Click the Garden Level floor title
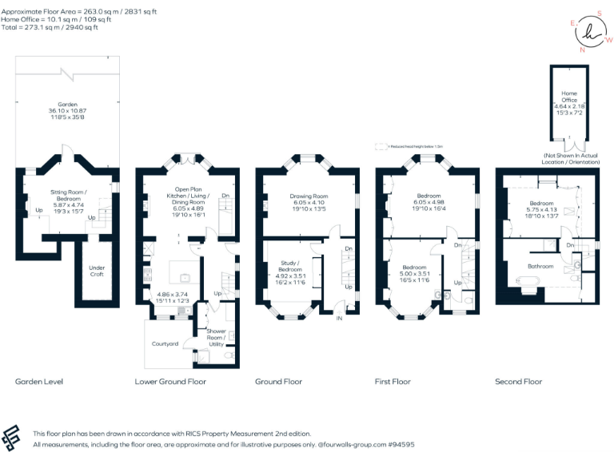38,382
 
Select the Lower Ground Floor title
170,382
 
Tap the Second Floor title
518,382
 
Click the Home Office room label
568,97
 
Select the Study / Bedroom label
290,266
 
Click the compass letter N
582,50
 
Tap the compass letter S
599,14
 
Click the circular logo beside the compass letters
591,32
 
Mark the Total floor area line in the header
50,27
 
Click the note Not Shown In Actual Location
569,157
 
